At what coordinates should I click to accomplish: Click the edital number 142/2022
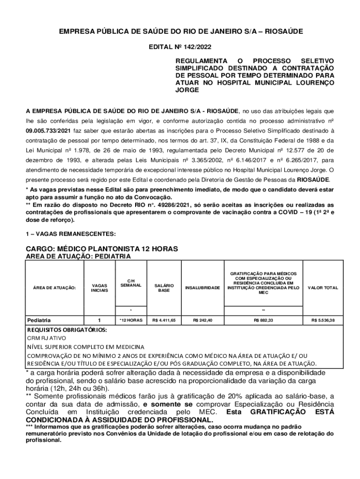(199, 47)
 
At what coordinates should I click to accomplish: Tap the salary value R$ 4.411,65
(164, 320)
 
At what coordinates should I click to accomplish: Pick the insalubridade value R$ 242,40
(202, 320)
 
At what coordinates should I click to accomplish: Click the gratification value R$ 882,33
(263, 320)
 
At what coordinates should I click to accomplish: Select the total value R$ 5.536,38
(323, 320)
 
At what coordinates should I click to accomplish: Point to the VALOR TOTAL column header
(323, 288)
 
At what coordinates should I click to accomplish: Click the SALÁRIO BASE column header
(164, 288)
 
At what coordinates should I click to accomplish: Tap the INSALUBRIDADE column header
(202, 288)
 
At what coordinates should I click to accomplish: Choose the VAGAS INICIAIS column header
(99, 288)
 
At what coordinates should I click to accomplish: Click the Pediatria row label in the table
(39, 320)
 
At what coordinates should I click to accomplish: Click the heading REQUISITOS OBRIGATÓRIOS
(66, 330)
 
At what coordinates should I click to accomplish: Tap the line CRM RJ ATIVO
(47, 338)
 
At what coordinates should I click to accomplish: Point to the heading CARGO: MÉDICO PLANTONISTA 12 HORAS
(102, 248)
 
